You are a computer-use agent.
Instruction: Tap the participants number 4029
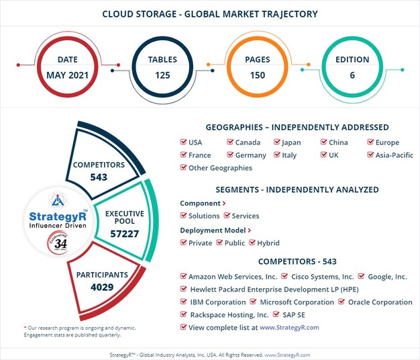point(101,287)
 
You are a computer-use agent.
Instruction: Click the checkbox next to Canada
point(229,142)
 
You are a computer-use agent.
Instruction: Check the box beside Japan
point(276,142)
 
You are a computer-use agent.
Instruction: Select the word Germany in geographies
point(250,155)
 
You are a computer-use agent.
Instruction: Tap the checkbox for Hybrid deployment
point(252,243)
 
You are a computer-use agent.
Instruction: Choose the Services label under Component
point(246,216)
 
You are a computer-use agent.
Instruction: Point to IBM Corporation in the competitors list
point(217,302)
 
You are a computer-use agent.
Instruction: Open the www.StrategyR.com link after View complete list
point(289,328)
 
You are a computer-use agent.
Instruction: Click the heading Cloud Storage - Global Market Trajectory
point(210,13)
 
